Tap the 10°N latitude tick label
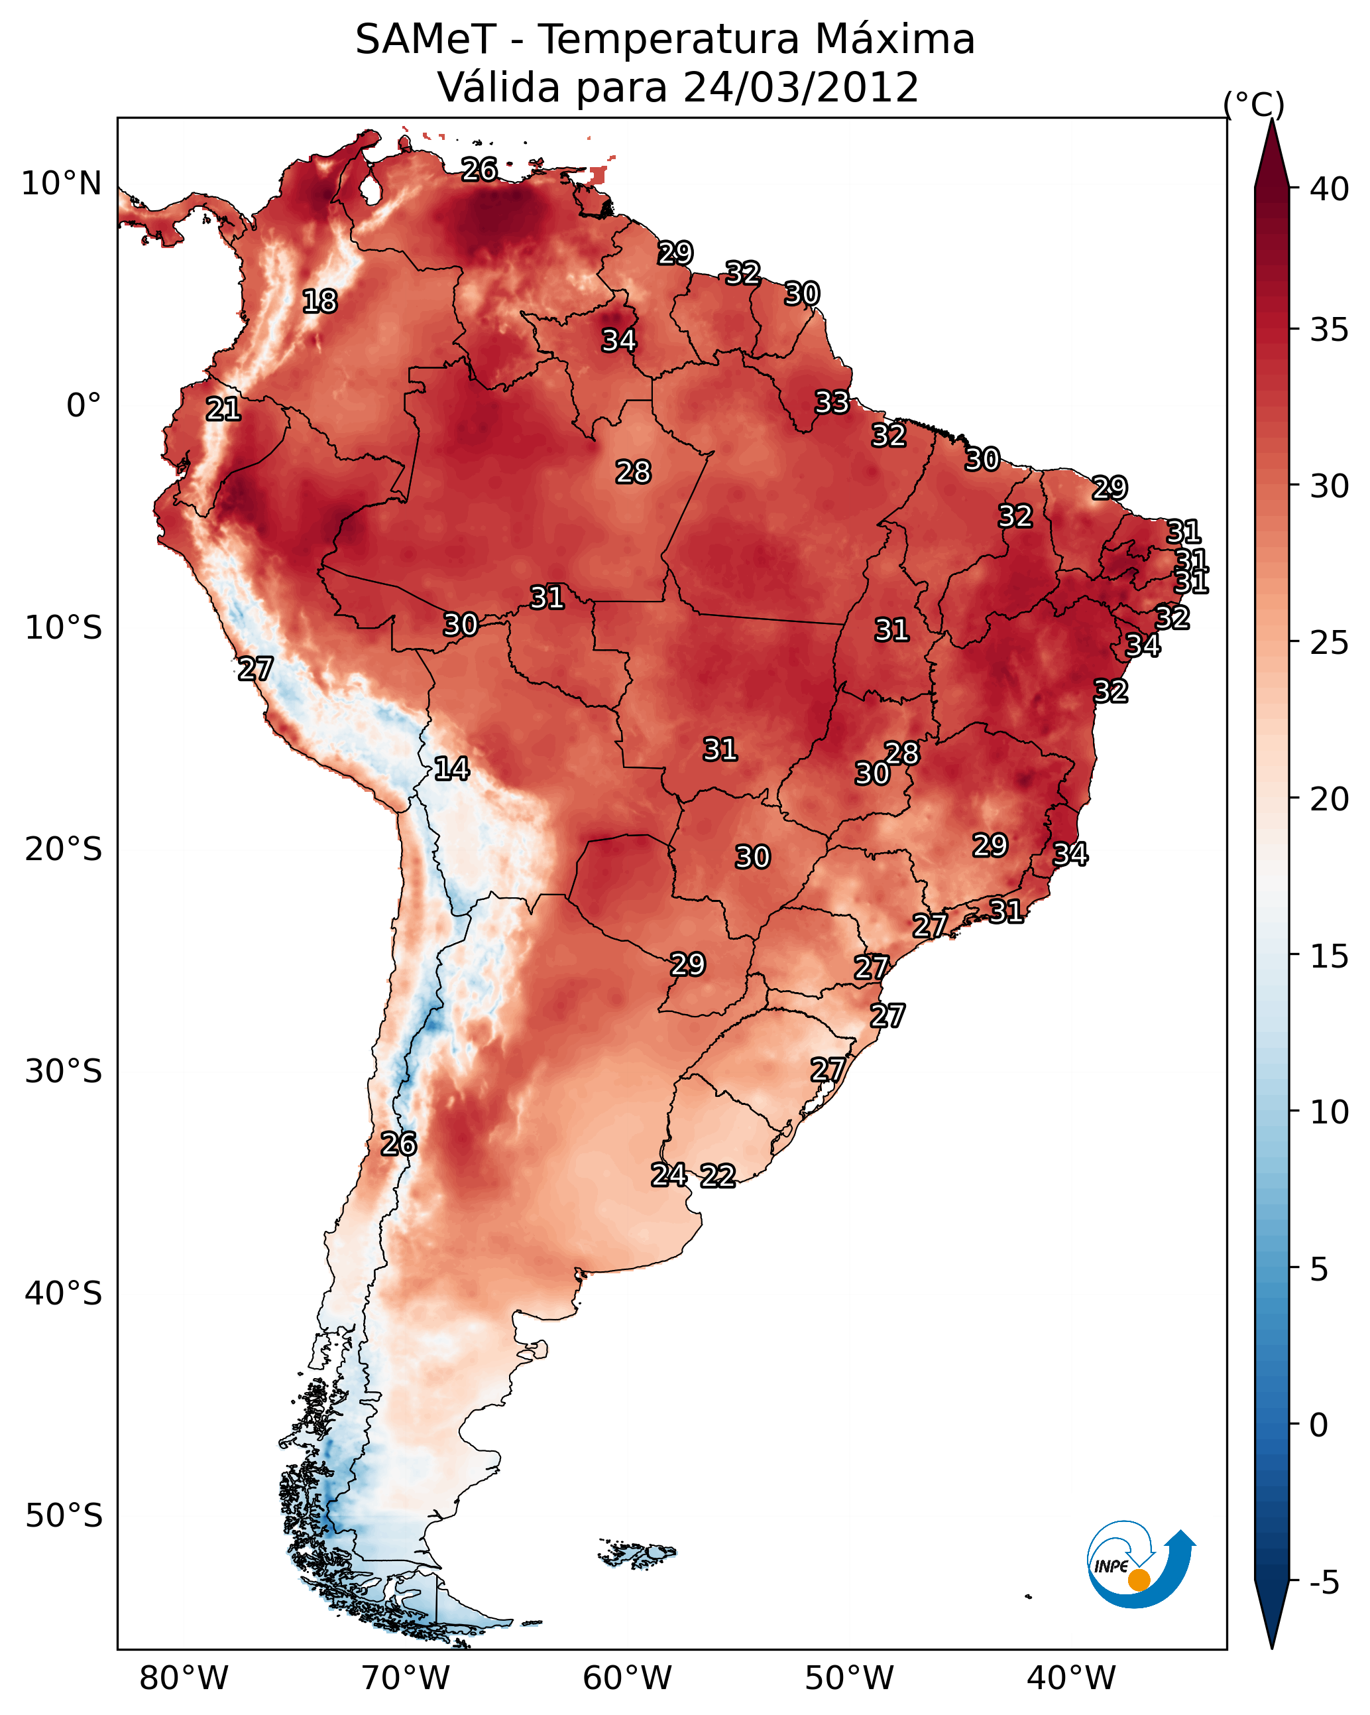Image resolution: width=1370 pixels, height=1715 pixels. (61, 184)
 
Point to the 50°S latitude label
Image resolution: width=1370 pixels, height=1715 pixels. (64, 1516)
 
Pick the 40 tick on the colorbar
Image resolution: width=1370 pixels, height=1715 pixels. (1330, 189)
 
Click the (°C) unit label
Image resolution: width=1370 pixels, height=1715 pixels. (1253, 104)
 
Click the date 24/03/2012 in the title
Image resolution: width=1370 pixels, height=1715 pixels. (800, 88)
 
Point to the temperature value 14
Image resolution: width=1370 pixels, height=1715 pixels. (451, 769)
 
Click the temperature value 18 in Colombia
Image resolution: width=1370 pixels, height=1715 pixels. (319, 302)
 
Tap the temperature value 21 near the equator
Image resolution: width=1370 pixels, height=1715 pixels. (223, 410)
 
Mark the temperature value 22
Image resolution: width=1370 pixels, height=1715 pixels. (718, 1176)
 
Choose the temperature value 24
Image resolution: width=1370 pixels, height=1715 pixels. (669, 1175)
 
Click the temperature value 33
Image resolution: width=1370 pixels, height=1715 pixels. (832, 403)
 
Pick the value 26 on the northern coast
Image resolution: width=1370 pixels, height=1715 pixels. (479, 169)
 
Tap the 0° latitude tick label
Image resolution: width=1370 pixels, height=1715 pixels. (84, 406)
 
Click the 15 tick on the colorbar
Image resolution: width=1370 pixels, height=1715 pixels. (1330, 956)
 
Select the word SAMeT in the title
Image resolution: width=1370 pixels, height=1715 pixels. (426, 40)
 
